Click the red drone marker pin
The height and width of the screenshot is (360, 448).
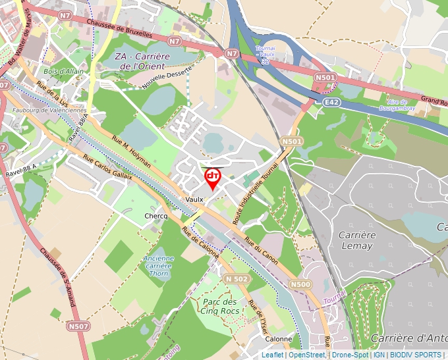coord(212,177)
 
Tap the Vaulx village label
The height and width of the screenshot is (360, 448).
coord(194,199)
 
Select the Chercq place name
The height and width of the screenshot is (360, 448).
coord(156,216)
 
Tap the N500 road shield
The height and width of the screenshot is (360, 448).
coord(300,284)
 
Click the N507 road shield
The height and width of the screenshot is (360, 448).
coord(78,325)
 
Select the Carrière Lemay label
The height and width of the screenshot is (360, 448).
coord(357,240)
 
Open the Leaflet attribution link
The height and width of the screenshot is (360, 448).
coord(273,355)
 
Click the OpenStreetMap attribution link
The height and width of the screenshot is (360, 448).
coord(306,355)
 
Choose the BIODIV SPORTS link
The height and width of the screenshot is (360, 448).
coord(416,355)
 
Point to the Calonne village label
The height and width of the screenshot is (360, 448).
coord(279,339)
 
